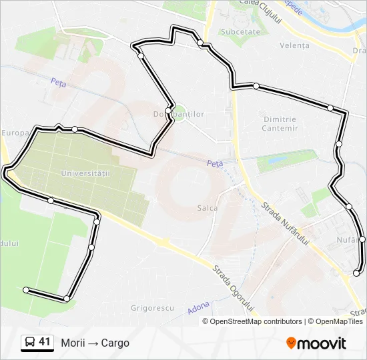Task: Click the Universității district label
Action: click(84, 173)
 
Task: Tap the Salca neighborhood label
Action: click(208, 208)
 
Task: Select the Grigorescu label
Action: click(153, 308)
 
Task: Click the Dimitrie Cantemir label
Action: click(279, 123)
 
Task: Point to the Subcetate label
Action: click(241, 31)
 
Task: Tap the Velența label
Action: click(295, 45)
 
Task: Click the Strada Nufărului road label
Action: click(287, 225)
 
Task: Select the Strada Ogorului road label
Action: click(234, 289)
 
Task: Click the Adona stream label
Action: click(199, 307)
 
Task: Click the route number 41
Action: click(45, 342)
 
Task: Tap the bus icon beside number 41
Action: click(30, 343)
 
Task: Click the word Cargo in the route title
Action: click(115, 343)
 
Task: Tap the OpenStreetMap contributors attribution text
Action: click(256, 321)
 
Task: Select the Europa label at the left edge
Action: click(12, 133)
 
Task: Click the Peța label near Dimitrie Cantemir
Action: click(214, 163)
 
